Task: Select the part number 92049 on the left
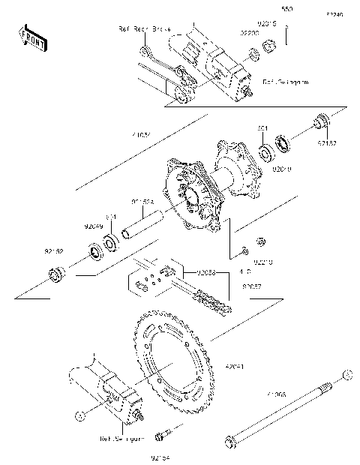[92, 225]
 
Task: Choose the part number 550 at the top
[286, 10]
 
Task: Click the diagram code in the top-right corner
[334, 14]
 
